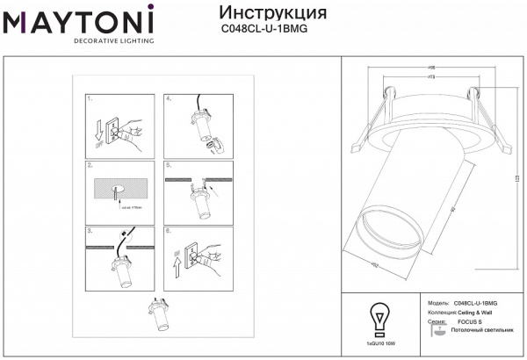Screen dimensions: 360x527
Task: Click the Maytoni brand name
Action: [x=78, y=20]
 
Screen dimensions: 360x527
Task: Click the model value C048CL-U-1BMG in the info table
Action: [x=479, y=301]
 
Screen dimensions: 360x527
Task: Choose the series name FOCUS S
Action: [x=471, y=322]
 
